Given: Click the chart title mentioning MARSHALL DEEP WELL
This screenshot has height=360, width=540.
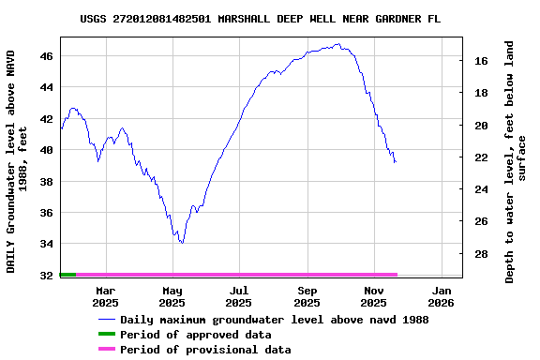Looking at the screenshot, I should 260,18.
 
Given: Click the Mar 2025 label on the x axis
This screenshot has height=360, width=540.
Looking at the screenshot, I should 105,297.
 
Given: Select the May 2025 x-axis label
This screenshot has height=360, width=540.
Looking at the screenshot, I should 172,297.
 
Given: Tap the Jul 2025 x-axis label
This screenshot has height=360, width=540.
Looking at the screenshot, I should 239,297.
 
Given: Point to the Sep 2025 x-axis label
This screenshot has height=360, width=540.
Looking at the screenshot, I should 307,297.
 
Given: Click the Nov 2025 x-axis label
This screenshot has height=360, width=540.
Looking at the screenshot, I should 373,297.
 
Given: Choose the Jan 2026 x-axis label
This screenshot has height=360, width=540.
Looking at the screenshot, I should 441,297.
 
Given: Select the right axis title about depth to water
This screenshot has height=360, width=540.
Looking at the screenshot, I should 516,161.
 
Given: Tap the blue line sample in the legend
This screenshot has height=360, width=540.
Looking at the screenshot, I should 106,320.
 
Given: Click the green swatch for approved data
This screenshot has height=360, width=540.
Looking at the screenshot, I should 106,335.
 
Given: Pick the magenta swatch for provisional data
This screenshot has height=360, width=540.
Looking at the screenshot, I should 106,350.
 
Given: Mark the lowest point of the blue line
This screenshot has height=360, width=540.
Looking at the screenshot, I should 181,243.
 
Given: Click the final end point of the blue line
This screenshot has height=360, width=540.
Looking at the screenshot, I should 396,162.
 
